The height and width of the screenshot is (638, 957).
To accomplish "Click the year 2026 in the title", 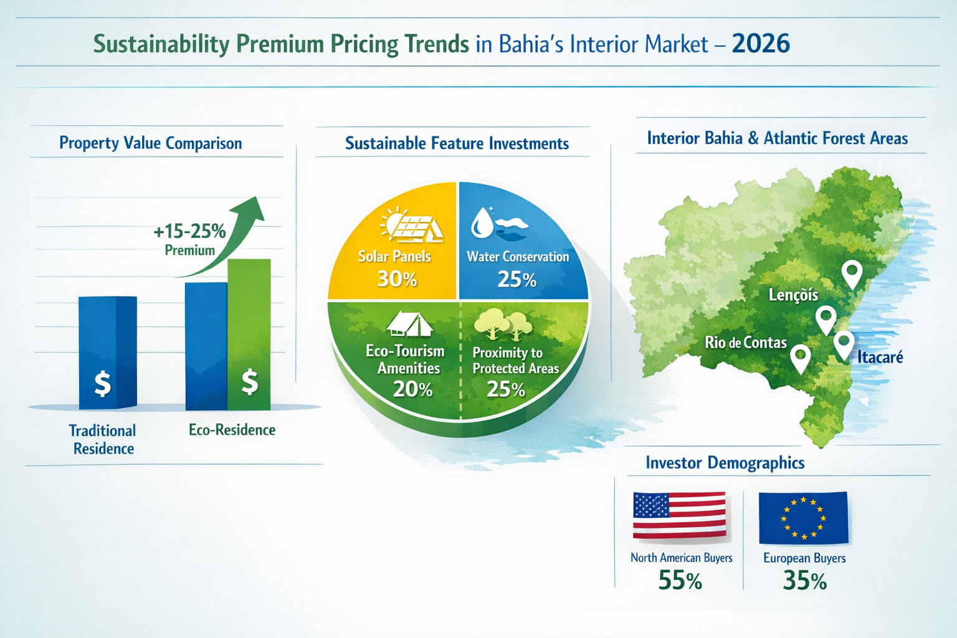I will click(x=761, y=44).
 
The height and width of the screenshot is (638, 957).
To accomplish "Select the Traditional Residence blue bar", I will click(x=107, y=352).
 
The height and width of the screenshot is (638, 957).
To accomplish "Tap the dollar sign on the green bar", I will click(x=250, y=382).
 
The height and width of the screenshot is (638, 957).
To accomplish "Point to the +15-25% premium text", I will click(x=189, y=232).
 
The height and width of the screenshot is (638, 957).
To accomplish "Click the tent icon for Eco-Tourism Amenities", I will click(x=409, y=324).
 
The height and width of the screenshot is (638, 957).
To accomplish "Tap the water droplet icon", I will click(x=481, y=222).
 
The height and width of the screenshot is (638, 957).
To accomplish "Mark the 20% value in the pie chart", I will click(x=412, y=389).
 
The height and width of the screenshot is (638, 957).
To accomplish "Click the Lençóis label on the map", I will click(x=793, y=295).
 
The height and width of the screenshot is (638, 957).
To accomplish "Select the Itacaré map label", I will click(x=880, y=357).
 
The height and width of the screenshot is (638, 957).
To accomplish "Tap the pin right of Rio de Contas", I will click(x=800, y=358).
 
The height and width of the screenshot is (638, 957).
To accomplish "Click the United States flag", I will click(x=679, y=515).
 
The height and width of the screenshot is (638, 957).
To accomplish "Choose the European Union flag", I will click(x=803, y=518).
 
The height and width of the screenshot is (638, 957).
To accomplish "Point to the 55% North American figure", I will click(x=680, y=581).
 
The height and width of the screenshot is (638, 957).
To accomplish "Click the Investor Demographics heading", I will click(x=725, y=463).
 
